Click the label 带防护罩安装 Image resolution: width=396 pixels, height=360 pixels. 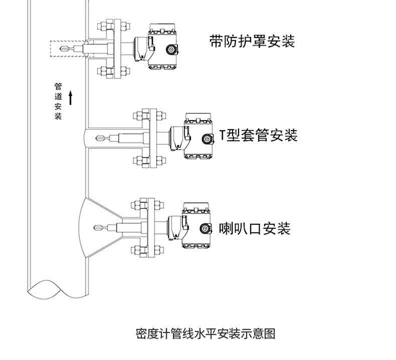tap(252, 41)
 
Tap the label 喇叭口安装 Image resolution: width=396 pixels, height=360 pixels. tap(255, 229)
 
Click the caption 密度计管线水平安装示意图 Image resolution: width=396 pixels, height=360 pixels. tap(206, 333)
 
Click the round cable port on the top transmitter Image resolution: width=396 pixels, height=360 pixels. tap(172, 50)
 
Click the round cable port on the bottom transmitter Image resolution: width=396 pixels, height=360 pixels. tap(206, 229)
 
